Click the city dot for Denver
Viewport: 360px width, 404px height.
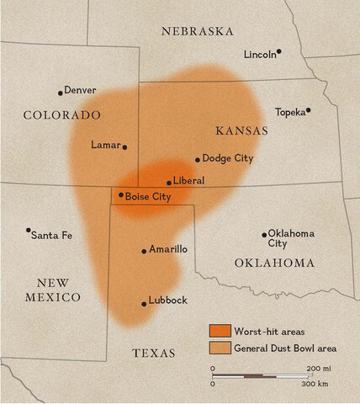click(x=61, y=93)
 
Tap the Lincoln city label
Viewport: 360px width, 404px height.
click(x=259, y=55)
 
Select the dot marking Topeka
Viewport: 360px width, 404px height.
click(x=309, y=109)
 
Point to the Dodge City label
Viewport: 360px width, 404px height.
click(x=228, y=158)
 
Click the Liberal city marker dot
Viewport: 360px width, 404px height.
click(x=169, y=183)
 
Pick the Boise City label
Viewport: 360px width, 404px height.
click(x=148, y=196)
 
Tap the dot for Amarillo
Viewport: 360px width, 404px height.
click(x=144, y=251)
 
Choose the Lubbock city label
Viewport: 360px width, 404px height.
click(x=168, y=300)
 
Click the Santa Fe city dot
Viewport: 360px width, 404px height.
click(x=29, y=230)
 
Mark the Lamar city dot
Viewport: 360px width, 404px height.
click(x=124, y=147)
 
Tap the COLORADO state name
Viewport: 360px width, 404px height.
click(x=62, y=114)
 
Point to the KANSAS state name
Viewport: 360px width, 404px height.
click(x=241, y=130)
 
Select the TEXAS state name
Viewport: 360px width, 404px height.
click(x=154, y=353)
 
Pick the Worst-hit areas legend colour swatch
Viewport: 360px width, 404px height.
click(x=220, y=330)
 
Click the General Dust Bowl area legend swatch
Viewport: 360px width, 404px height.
click(x=220, y=346)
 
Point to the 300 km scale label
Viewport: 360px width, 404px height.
click(x=316, y=384)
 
